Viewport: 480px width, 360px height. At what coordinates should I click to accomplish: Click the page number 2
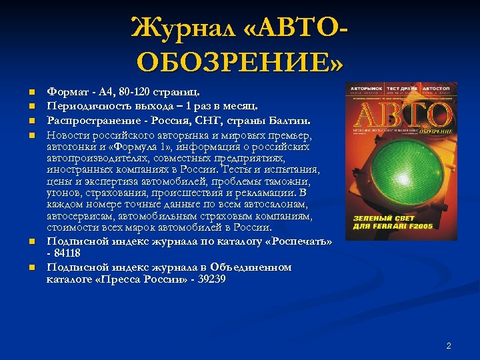pos(449,345)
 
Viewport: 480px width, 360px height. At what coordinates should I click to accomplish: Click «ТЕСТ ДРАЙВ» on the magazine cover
pos(402,88)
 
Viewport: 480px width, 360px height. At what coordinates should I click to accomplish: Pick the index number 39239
pos(209,279)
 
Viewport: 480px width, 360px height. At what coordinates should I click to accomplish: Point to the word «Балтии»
pos(291,120)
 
